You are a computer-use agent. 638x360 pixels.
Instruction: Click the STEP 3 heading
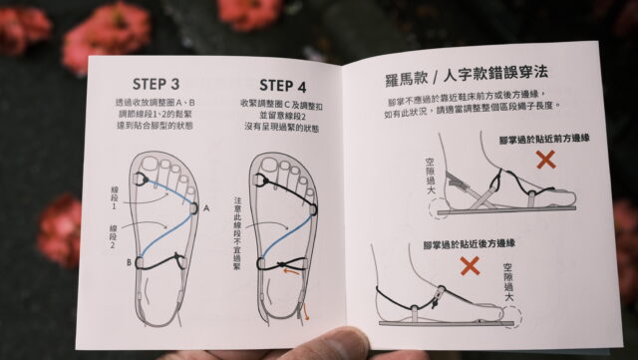[x=157, y=82]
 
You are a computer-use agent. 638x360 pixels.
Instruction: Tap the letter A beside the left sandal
[x=205, y=208]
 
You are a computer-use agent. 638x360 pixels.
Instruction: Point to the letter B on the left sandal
[x=129, y=264]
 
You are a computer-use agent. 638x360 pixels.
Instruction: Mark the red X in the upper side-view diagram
[x=545, y=158]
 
